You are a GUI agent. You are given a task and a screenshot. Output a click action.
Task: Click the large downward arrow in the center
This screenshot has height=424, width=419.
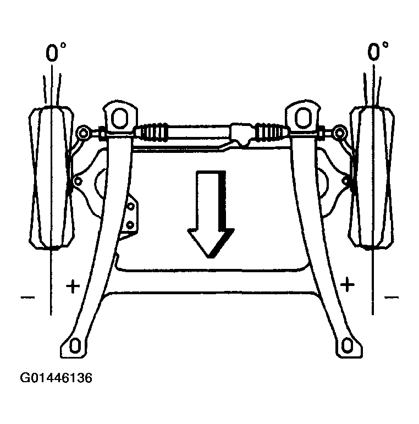[211, 213]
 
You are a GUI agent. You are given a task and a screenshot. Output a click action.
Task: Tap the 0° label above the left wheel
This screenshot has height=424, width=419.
[56, 52]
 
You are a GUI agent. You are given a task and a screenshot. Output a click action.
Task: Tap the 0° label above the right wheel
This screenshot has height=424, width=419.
[378, 51]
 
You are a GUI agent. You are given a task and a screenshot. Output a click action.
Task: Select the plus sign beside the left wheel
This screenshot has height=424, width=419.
[73, 286]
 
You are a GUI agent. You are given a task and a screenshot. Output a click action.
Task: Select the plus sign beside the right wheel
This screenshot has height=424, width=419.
[348, 284]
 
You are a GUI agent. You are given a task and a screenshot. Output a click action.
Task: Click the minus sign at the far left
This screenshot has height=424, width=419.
[27, 298]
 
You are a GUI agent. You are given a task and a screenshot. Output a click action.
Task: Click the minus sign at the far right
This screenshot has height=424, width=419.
[392, 298]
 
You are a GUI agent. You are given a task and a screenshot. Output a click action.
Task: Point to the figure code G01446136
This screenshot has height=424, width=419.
[56, 378]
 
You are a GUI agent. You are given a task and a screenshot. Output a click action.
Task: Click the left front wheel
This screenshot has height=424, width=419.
[51, 178]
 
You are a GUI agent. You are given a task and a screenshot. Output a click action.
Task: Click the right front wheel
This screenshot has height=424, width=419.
[372, 178]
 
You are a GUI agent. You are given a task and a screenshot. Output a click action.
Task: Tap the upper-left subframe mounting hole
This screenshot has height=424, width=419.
[119, 118]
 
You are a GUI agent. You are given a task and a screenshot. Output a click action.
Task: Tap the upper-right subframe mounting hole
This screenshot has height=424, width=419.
[303, 118]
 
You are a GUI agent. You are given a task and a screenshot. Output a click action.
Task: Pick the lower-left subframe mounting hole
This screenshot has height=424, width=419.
[75, 346]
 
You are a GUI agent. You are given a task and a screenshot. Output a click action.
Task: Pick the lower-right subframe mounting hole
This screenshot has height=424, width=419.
[348, 346]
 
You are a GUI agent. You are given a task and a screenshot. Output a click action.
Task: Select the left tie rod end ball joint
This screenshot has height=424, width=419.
[83, 133]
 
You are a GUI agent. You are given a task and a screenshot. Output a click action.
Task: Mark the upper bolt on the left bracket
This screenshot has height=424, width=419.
[131, 206]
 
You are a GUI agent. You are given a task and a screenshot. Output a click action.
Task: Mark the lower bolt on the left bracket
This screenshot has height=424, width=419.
[130, 225]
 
